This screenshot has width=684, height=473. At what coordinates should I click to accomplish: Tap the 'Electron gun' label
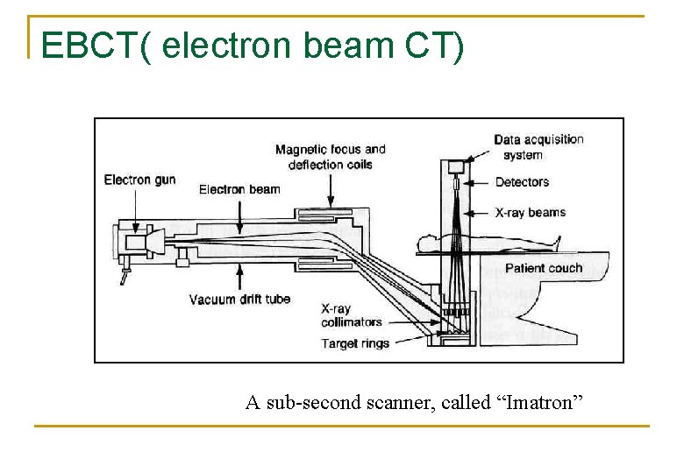pyautogui.click(x=139, y=180)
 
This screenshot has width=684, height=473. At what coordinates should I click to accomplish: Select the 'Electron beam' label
pyautogui.click(x=239, y=189)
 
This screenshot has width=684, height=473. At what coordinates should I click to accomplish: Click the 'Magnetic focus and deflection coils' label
pyautogui.click(x=331, y=157)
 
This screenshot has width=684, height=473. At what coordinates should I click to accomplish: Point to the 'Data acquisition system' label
pyautogui.click(x=538, y=147)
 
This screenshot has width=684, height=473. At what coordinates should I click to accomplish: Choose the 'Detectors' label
pyautogui.click(x=522, y=182)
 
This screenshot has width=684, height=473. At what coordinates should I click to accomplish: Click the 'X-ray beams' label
pyautogui.click(x=531, y=212)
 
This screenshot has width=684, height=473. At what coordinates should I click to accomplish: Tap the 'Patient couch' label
pyautogui.click(x=544, y=268)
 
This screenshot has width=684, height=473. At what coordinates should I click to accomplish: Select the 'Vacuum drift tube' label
pyautogui.click(x=239, y=300)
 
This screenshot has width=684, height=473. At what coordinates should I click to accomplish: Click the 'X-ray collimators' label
pyautogui.click(x=351, y=315)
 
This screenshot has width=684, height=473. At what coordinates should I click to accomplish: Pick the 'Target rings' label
pyautogui.click(x=355, y=343)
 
